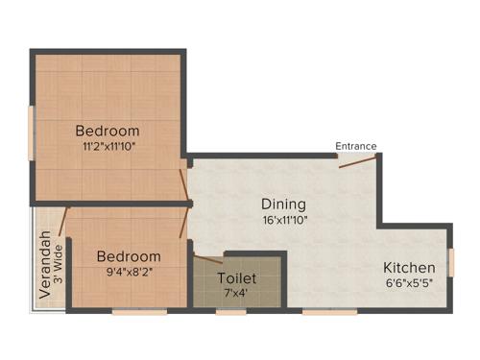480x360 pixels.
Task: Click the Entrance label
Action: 355,146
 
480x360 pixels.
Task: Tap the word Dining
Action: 283,204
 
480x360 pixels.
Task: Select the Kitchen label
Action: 409,267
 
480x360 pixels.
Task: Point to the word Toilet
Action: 236,278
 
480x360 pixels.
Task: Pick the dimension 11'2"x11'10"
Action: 108,146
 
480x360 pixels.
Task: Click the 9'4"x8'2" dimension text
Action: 128,272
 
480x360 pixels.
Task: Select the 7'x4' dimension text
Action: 236,293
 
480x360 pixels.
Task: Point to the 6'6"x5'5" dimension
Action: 409,282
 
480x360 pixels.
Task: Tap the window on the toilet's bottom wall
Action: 231,311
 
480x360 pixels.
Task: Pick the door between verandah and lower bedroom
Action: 65,222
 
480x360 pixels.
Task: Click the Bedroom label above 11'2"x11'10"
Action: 108,131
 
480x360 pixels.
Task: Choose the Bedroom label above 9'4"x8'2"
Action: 128,256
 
